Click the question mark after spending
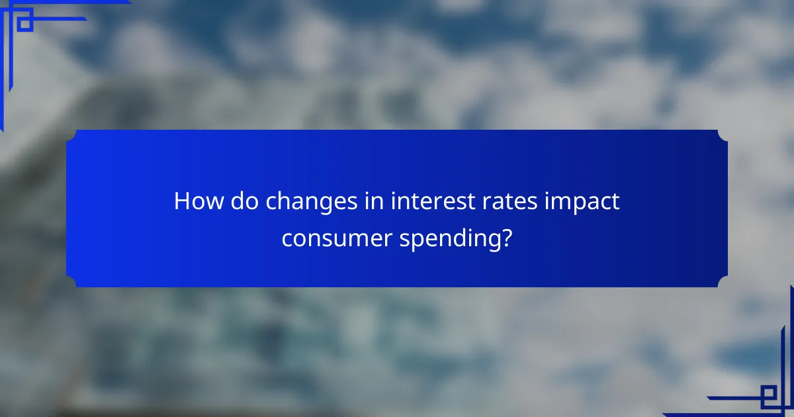pos(506,236)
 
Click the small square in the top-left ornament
pos(24,23)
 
